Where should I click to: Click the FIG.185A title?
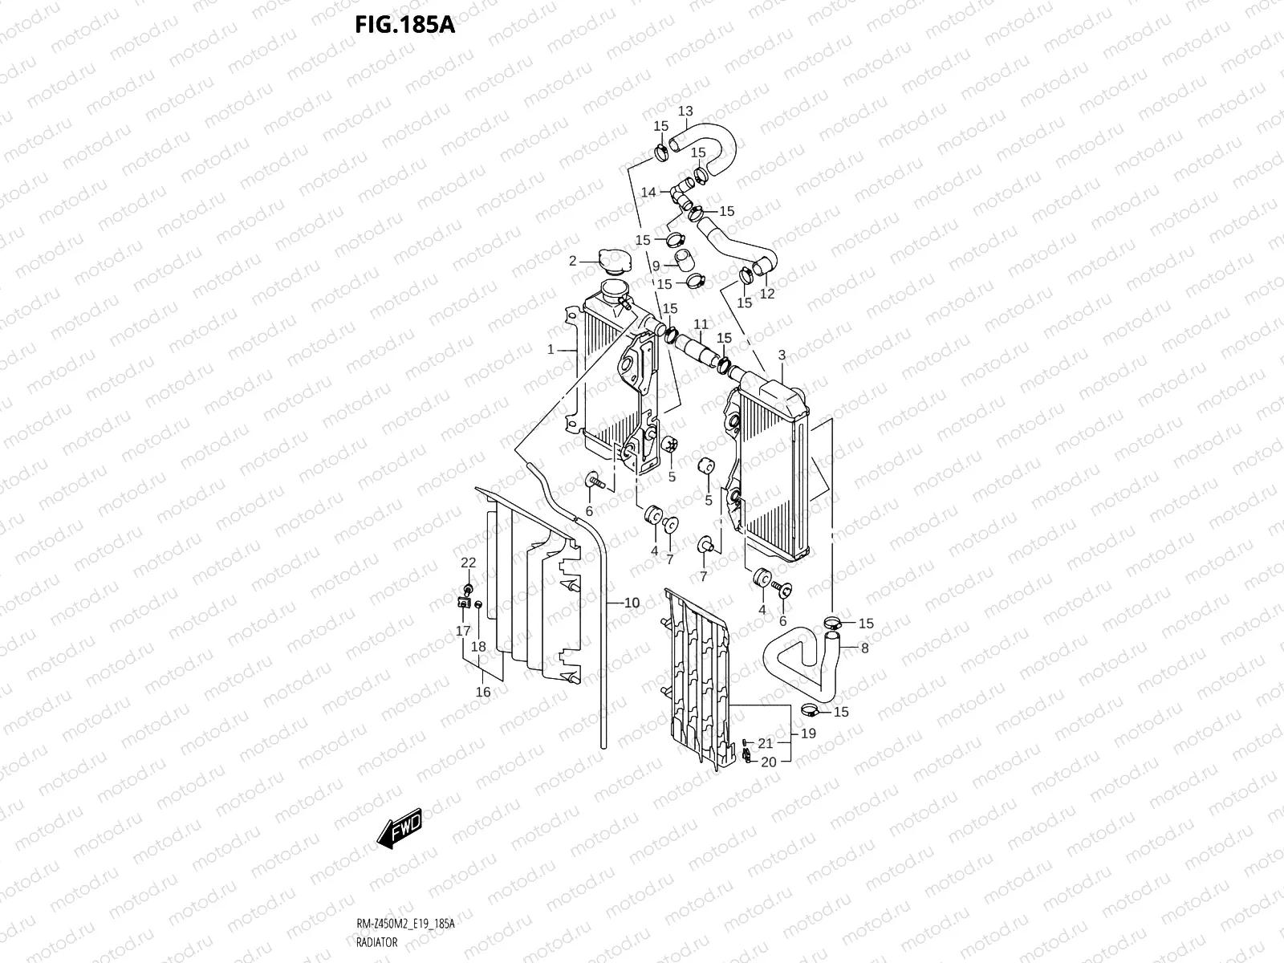coord(404,25)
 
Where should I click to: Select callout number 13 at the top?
coord(685,111)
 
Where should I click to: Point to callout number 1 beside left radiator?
coord(551,350)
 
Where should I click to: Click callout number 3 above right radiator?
coord(782,355)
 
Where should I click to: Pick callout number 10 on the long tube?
coord(632,603)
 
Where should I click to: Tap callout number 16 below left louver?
coord(483,692)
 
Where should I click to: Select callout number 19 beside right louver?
coord(808,733)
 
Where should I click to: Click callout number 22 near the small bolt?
coord(468,562)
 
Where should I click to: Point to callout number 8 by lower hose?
coord(864,648)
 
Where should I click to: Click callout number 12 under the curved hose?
coord(767,294)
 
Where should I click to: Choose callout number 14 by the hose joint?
coord(648,192)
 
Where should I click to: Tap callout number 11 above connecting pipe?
coord(701,324)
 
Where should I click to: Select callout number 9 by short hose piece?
coord(656,266)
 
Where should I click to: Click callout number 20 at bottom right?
coord(768,762)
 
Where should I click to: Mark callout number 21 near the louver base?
coord(765,743)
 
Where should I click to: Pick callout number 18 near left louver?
coord(478,646)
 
